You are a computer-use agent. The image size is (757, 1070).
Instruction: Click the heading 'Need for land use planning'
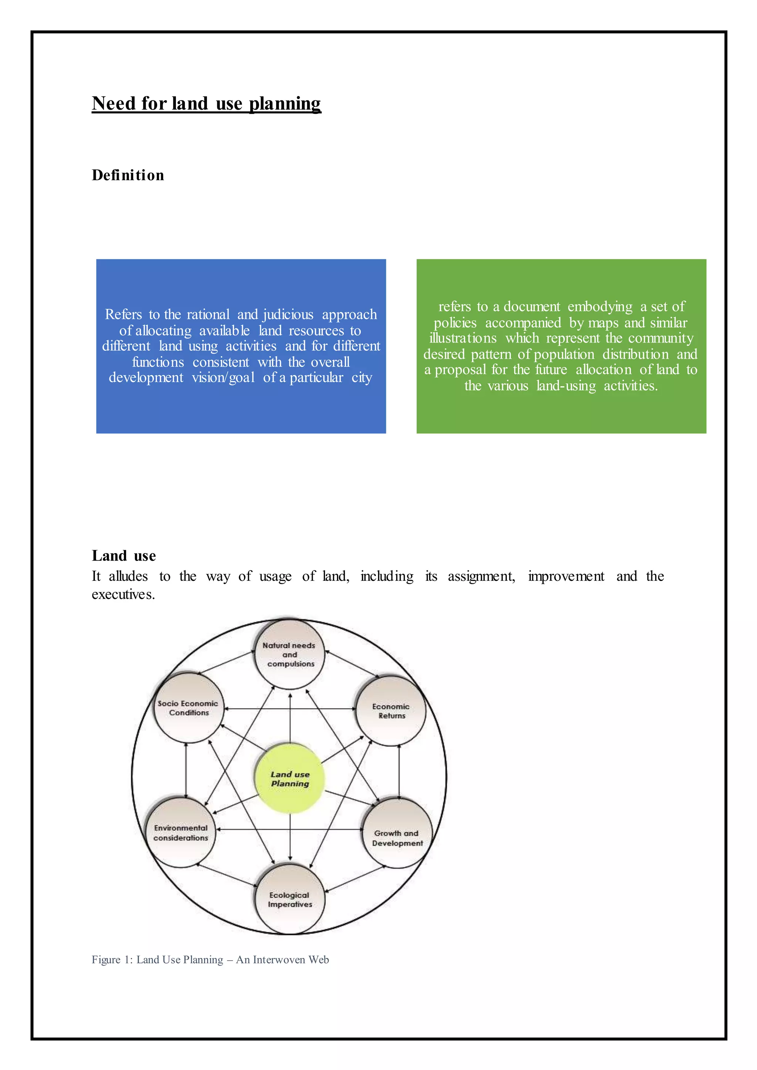click(207, 103)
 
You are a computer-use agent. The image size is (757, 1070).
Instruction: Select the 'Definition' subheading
click(128, 175)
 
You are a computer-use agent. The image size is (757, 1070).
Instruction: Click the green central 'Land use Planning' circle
click(290, 779)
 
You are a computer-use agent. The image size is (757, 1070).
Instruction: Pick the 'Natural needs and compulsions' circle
click(289, 654)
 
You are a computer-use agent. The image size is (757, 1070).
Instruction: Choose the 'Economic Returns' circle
click(391, 711)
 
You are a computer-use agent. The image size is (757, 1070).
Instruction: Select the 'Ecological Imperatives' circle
click(289, 899)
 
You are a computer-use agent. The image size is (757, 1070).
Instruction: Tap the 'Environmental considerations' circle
click(181, 832)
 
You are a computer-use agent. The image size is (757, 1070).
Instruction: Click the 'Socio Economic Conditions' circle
click(188, 708)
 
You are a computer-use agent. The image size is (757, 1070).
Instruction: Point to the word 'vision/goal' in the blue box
click(223, 378)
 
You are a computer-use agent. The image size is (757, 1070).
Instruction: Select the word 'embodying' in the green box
click(600, 307)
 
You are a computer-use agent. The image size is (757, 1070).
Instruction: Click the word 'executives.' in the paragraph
click(123, 594)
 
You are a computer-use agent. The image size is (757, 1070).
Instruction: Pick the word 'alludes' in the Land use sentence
click(128, 576)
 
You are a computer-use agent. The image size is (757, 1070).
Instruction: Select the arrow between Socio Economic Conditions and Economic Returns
click(290, 709)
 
